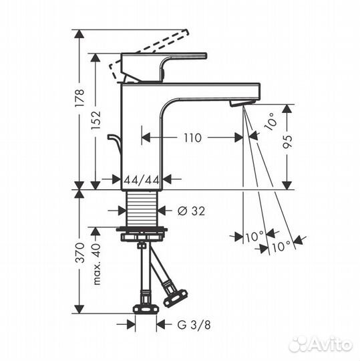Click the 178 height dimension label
click(79, 98)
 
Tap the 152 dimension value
click(96, 120)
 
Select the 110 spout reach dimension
click(192, 138)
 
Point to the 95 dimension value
click(287, 141)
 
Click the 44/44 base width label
click(142, 180)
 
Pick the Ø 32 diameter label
click(191, 211)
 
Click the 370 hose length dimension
click(80, 253)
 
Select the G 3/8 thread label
click(194, 325)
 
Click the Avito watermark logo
click(321, 344)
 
